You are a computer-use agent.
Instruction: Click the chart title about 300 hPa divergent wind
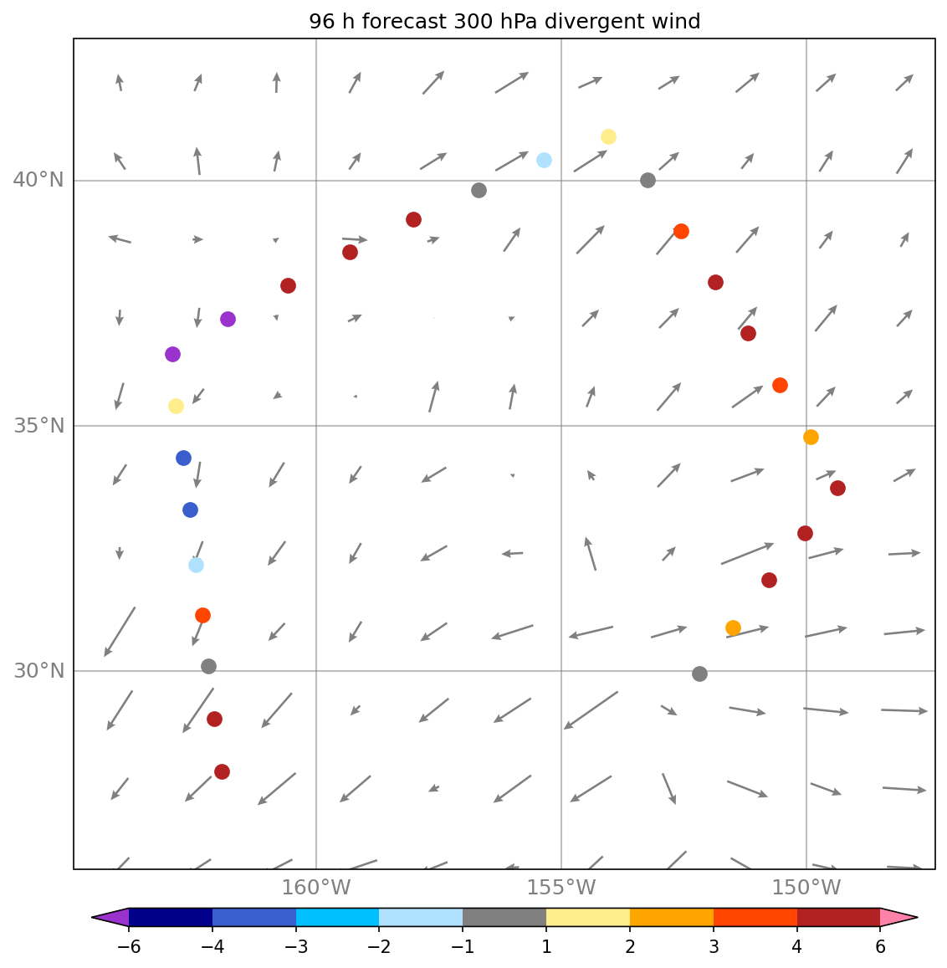[x=504, y=22]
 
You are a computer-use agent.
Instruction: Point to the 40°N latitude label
[x=38, y=180]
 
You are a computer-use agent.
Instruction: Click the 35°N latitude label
[x=38, y=426]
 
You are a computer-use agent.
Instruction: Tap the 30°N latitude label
[x=38, y=671]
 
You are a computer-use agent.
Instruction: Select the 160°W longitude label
[x=316, y=888]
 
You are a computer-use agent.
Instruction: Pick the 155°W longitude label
[x=561, y=888]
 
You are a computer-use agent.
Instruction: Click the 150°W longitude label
[x=806, y=888]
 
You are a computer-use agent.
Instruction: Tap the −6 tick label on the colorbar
[x=129, y=946]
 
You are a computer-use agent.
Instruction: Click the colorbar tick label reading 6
[x=880, y=946]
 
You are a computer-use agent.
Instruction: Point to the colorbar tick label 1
[x=546, y=946]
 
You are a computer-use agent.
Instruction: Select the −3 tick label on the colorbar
[x=296, y=946]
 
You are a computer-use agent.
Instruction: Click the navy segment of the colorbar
[x=171, y=917]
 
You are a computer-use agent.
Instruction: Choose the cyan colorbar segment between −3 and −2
[x=337, y=917]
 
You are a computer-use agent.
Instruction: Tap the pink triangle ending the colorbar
[x=898, y=917]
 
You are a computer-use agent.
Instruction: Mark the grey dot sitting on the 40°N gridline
[x=648, y=180]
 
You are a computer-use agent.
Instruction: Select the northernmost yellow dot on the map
[x=608, y=136]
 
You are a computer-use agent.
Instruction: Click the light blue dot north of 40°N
[x=544, y=160]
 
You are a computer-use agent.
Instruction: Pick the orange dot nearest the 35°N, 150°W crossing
[x=811, y=437]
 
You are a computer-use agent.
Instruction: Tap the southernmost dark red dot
[x=222, y=771]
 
